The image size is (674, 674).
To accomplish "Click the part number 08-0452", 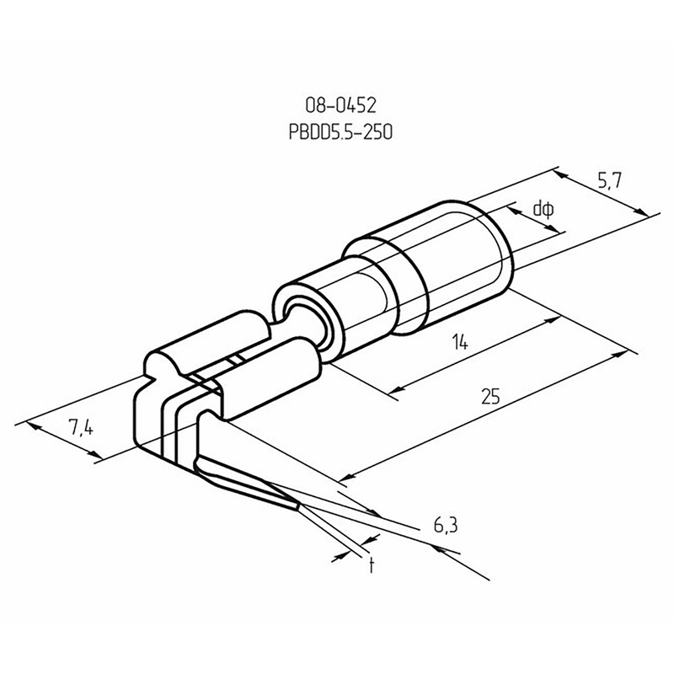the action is [340, 105].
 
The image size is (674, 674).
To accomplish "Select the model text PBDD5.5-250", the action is [340, 132].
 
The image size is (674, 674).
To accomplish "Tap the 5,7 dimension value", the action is [609, 182].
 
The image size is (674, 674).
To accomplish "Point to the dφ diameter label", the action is [543, 210].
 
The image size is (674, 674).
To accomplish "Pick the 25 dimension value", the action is [490, 396].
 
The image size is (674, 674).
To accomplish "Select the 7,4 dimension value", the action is [80, 427].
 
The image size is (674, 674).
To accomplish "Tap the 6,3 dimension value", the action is [446, 525].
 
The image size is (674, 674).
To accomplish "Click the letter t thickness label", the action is [372, 564].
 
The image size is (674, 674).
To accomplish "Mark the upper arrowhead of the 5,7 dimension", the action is [559, 174].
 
